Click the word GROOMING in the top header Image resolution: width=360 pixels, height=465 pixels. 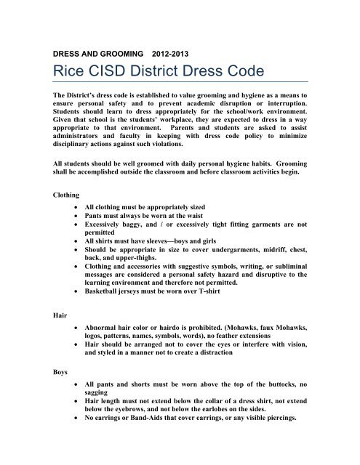tap(123, 53)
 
